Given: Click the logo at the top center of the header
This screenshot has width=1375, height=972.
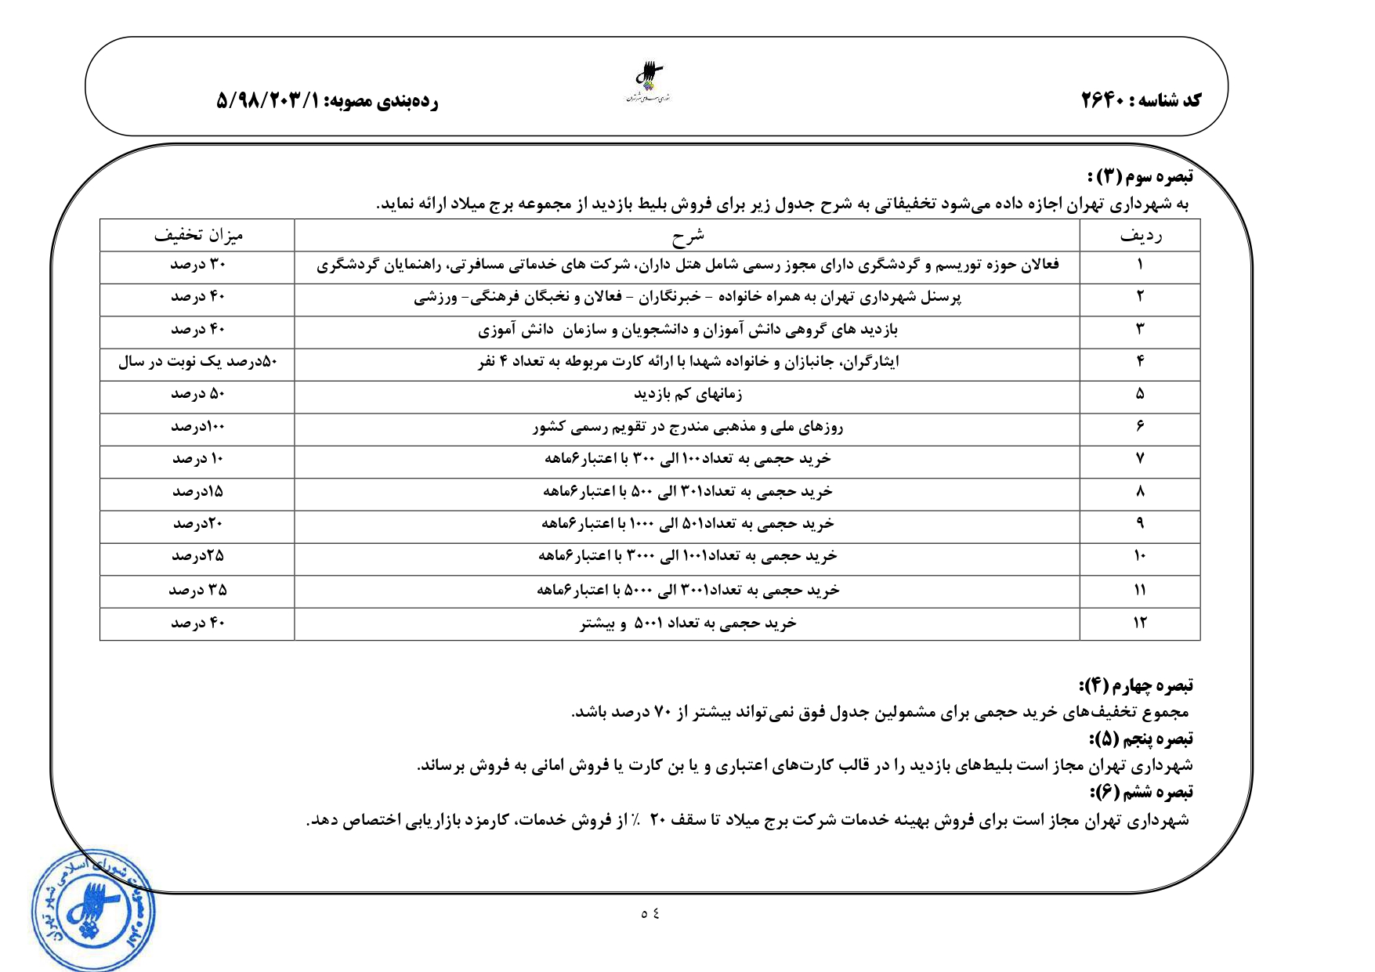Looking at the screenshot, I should click(650, 83).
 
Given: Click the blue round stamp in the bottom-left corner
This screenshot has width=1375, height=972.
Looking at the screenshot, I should click(92, 911).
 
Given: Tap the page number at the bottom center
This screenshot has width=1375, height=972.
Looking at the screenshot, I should click(650, 913).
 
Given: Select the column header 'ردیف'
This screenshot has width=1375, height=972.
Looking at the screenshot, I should click(1140, 235).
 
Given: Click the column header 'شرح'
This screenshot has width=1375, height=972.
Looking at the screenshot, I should click(687, 235).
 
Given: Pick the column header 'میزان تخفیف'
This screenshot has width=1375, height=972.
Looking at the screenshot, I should click(198, 235).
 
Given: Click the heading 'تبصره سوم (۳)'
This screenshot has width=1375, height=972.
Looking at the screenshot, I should click(1140, 176).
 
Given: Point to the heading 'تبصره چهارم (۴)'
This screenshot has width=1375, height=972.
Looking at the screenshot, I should click(1136, 686).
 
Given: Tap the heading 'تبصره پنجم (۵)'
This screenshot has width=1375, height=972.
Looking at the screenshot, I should click(1141, 739).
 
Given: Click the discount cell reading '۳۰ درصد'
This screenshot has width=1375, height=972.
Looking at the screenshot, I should click(198, 265).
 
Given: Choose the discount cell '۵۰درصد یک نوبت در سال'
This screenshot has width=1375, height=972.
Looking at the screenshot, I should click(198, 362).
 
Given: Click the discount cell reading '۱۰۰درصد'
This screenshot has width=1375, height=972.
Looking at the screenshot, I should click(198, 427).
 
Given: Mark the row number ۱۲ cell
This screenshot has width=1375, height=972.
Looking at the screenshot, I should click(1140, 623).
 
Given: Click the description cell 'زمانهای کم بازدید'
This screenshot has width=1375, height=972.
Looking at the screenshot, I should click(687, 395).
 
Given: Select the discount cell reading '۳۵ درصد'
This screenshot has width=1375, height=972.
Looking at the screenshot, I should click(198, 590).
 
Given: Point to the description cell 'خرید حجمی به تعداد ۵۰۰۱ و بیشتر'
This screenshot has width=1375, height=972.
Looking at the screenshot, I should click(687, 623).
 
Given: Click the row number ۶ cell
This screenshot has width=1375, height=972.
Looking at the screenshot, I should click(1140, 427).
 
